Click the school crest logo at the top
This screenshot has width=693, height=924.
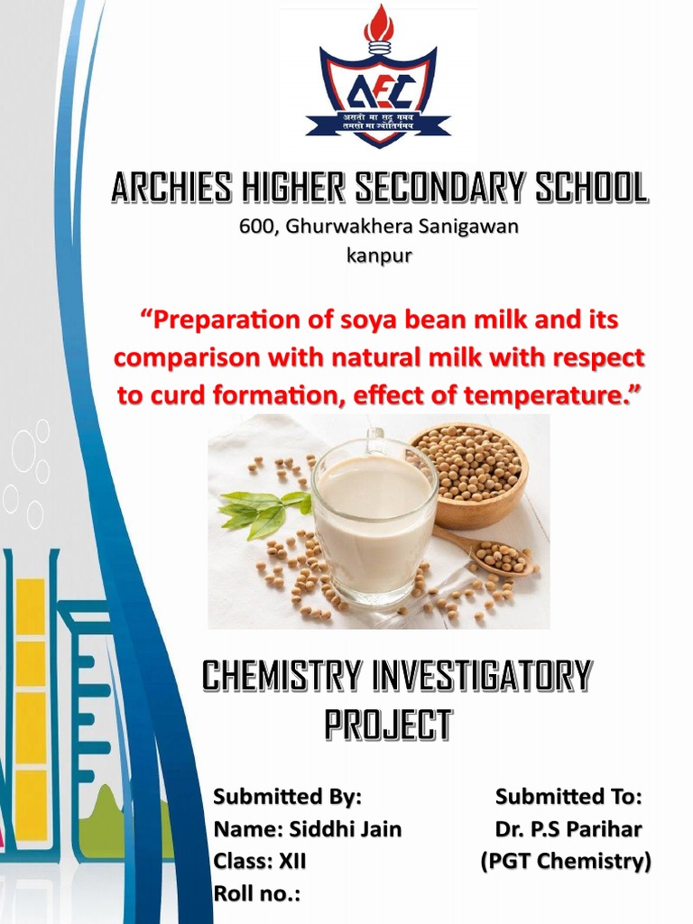pyautogui.click(x=378, y=86)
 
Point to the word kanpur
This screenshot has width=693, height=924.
pyautogui.click(x=379, y=255)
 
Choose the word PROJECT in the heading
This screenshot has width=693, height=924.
pyautogui.click(x=387, y=724)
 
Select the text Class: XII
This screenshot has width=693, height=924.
pyautogui.click(x=259, y=861)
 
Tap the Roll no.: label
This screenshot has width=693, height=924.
pyautogui.click(x=256, y=893)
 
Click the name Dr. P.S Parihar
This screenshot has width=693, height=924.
pyautogui.click(x=568, y=828)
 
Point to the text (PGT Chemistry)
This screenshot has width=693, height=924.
pyautogui.click(x=565, y=861)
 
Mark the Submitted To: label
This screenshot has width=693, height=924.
pyautogui.click(x=568, y=797)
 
